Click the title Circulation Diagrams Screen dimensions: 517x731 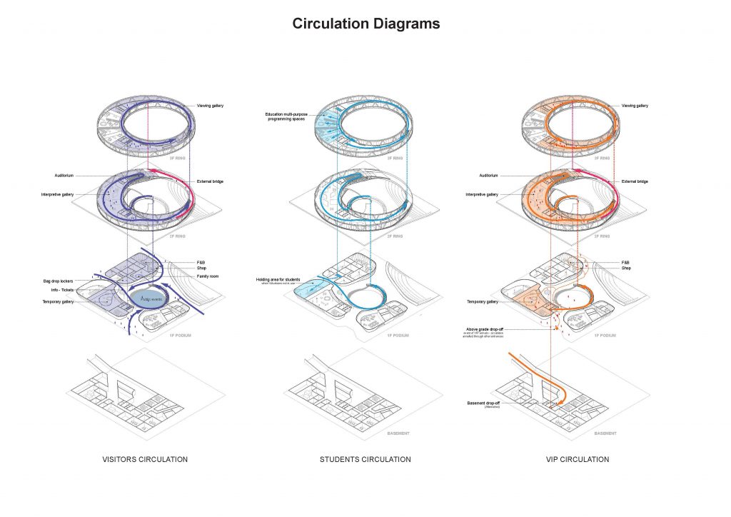(365, 24)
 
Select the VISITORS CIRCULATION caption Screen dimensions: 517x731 (145, 459)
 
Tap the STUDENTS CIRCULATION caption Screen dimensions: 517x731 (365, 459)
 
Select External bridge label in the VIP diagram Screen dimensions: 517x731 (635, 181)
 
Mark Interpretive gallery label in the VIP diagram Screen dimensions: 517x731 (483, 194)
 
